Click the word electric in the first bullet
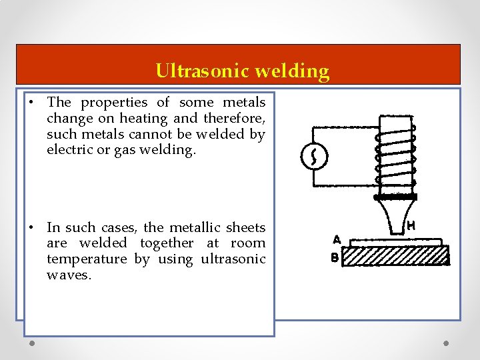tap(69, 149)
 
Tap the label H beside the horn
tap(411, 227)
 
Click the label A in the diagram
tap(337, 238)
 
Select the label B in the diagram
tap(335, 257)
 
